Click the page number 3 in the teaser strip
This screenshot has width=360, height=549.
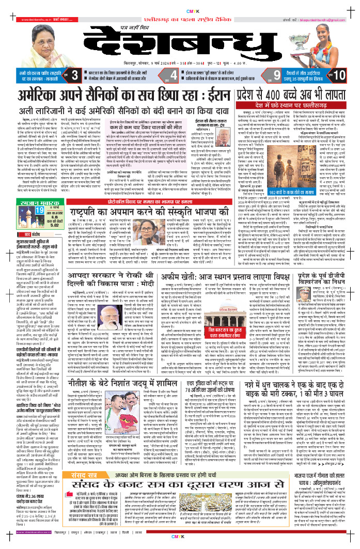[x=75, y=75]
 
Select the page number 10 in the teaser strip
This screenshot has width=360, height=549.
[x=339, y=75]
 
